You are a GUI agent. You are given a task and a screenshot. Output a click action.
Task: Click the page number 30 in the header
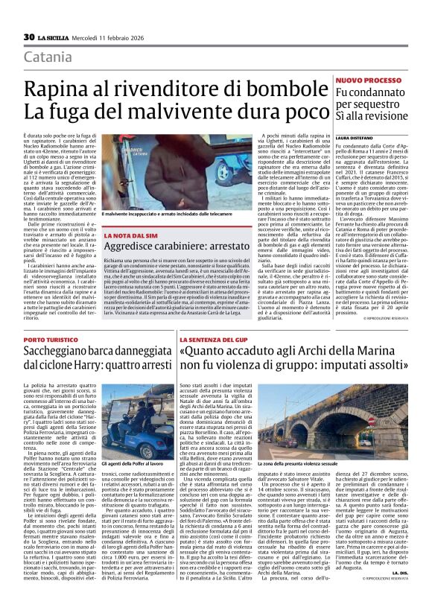coord(29,37)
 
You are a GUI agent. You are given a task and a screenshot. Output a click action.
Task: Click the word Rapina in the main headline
coord(57,90)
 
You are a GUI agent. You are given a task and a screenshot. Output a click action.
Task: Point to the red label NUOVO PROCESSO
coord(368,79)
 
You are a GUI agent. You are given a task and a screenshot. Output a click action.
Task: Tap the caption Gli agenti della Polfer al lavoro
coord(136,464)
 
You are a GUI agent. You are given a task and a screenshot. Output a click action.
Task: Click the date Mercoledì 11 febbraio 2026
coord(103,37)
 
